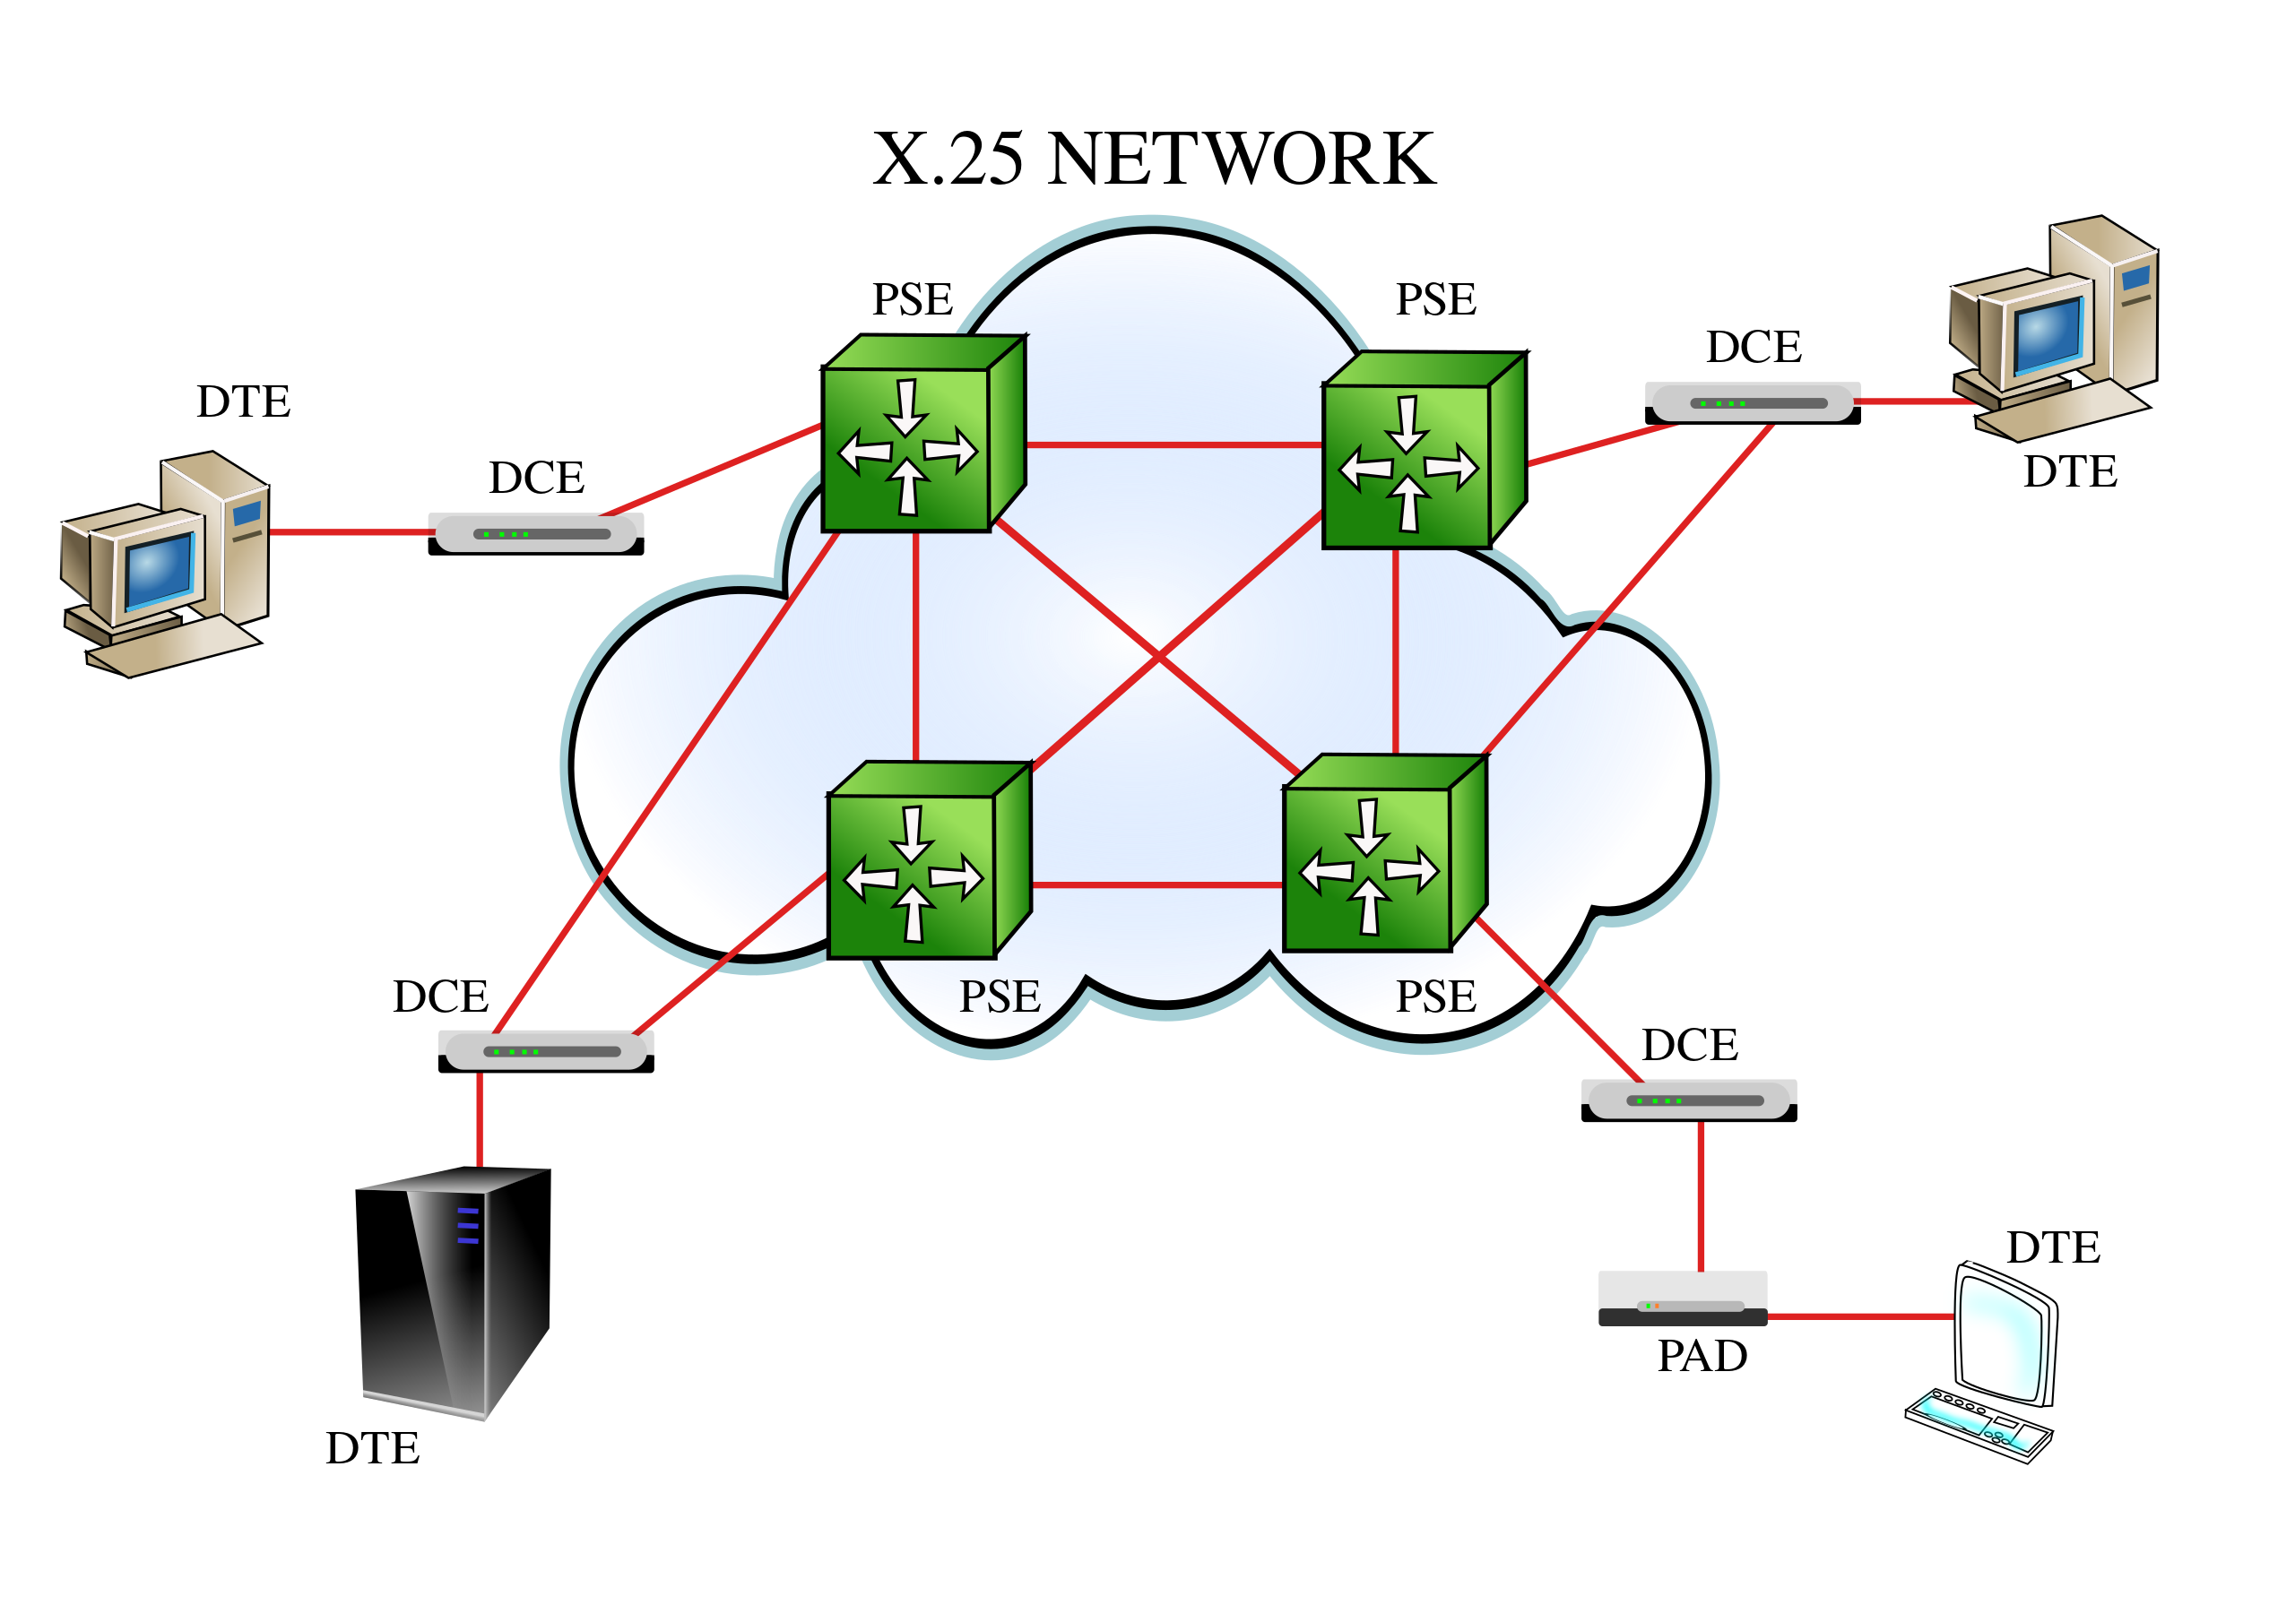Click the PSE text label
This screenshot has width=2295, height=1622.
pyautogui.click(x=1000, y=997)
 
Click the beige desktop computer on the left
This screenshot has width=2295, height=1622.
pyautogui.click(x=166, y=565)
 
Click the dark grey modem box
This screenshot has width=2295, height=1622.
pyautogui.click(x=1683, y=1298)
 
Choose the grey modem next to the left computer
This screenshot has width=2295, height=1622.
pyautogui.click(x=536, y=534)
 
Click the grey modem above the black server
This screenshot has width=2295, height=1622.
pyautogui.click(x=546, y=1051)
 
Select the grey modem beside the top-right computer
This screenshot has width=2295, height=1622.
pyautogui.click(x=1753, y=402)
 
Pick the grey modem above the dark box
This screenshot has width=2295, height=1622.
pyautogui.click(x=1689, y=1100)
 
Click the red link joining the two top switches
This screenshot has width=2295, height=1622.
pyautogui.click(x=1174, y=444)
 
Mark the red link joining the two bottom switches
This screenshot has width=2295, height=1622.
pyautogui.click(x=1157, y=884)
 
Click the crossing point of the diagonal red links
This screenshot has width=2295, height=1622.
pyautogui.click(x=1158, y=657)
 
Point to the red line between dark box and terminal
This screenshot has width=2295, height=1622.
pyautogui.click(x=1859, y=1316)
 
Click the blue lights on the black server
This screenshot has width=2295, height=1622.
pyautogui.click(x=468, y=1225)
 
